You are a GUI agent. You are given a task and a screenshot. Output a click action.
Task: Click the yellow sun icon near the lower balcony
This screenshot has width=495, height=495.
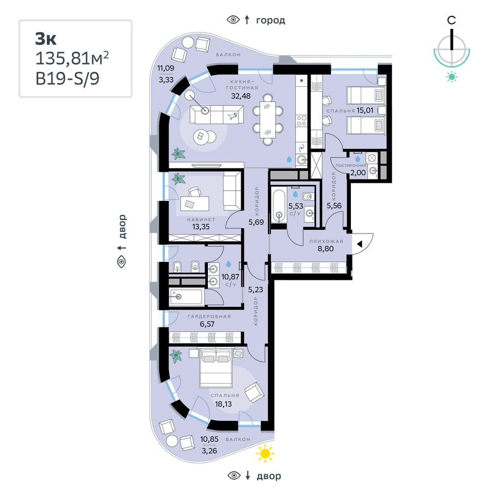(x=265, y=454)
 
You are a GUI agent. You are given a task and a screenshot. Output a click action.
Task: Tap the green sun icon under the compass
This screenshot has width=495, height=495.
(x=452, y=77)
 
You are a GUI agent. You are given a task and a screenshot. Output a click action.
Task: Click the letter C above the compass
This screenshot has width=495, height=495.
(x=451, y=20)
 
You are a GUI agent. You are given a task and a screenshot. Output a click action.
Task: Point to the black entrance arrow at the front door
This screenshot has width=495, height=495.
(x=359, y=244)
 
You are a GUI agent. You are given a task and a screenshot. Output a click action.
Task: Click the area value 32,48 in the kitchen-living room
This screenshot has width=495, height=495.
(x=241, y=96)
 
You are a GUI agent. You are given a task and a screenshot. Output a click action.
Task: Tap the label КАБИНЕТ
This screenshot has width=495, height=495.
(x=201, y=219)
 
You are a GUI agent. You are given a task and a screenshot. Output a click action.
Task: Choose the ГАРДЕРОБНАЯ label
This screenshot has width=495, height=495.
(x=210, y=317)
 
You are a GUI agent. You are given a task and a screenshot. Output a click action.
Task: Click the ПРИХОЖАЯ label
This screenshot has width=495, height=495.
(x=326, y=242)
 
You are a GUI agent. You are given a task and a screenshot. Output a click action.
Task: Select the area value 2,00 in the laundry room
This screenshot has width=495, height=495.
(x=358, y=172)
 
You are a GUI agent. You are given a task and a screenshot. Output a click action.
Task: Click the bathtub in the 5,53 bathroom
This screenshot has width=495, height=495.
(x=279, y=205)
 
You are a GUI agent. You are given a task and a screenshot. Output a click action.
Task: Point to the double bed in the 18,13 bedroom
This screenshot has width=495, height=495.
(x=216, y=368)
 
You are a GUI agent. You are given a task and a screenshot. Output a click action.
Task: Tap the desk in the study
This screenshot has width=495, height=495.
(x=194, y=204)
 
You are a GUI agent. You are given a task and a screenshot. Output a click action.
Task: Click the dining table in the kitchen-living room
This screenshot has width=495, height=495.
(x=267, y=120)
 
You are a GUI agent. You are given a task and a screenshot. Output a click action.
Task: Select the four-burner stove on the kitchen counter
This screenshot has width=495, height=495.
(x=301, y=120)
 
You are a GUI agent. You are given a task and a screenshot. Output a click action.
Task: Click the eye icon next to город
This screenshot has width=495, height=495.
(x=233, y=20)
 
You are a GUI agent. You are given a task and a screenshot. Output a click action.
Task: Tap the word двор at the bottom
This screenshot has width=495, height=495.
(x=269, y=476)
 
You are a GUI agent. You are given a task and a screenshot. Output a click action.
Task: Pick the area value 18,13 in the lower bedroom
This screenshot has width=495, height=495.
(x=223, y=404)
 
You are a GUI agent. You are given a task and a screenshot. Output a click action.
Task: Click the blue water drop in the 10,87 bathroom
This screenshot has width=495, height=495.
(x=228, y=264)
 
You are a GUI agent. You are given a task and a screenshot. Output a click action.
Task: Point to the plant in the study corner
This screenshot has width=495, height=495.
(x=179, y=179)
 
